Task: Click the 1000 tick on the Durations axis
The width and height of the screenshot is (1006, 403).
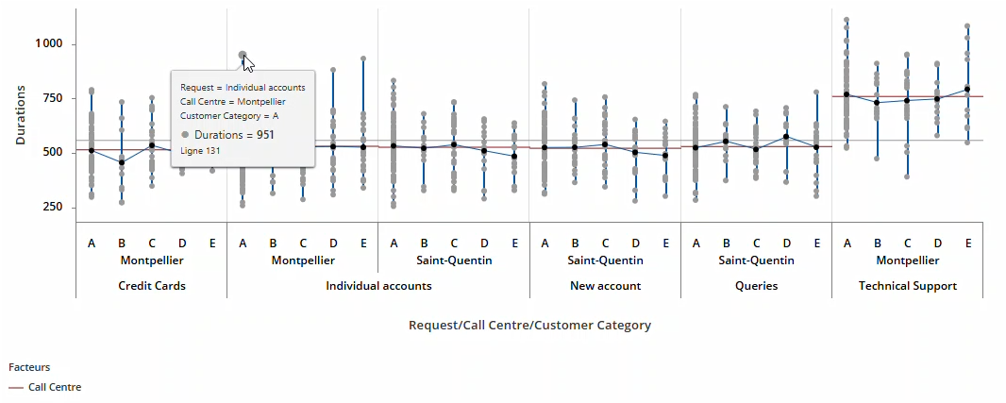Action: [x=48, y=43]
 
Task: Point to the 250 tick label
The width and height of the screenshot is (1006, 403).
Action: [x=51, y=207]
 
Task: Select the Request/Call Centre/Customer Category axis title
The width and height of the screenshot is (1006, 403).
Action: [x=529, y=325]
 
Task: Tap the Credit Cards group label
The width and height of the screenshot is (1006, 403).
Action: [x=152, y=285]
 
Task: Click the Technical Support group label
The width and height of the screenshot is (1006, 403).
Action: [x=907, y=285]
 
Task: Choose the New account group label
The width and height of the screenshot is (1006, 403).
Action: [x=605, y=285]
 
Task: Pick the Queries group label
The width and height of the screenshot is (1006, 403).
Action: [x=756, y=285]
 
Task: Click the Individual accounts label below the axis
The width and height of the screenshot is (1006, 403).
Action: [x=378, y=285]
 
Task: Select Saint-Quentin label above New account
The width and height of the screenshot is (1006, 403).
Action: [x=605, y=260]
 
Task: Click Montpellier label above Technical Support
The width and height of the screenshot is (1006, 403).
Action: [x=907, y=260]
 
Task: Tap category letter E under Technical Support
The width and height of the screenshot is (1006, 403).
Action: [x=967, y=243]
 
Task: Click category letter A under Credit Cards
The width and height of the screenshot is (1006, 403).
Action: [x=92, y=243]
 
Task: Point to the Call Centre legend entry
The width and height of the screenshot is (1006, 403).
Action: [x=55, y=387]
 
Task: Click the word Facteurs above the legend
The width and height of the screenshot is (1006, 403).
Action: [x=29, y=367]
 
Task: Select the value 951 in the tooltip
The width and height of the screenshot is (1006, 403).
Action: [x=265, y=135]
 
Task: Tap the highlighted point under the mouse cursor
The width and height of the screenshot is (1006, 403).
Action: [x=243, y=55]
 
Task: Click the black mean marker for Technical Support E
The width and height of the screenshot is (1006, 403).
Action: [x=967, y=90]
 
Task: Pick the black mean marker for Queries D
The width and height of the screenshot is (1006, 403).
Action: [x=786, y=137]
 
